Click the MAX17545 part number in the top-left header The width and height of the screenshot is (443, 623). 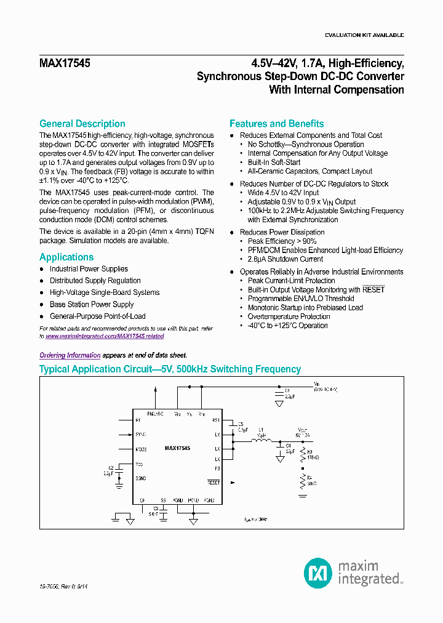pyautogui.click(x=65, y=63)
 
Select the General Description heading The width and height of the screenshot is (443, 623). pyautogui.click(x=82, y=124)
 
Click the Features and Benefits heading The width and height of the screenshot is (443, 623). pyautogui.click(x=276, y=124)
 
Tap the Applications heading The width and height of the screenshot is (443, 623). pyautogui.click(x=66, y=257)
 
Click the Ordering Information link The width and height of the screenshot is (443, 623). pyautogui.click(x=70, y=355)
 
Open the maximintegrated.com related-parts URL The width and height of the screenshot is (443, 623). pyautogui.click(x=105, y=337)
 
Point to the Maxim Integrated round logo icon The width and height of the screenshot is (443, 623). pyautogui.click(x=318, y=573)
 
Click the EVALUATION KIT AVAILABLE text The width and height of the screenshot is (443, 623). pyautogui.click(x=364, y=35)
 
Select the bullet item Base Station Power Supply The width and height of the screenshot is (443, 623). pyautogui.click(x=92, y=305)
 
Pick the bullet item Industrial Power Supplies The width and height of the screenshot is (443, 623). pyautogui.click(x=89, y=269)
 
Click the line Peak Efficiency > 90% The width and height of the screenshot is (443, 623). pyautogui.click(x=282, y=241)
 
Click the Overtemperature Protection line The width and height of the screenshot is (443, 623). pyautogui.click(x=289, y=316)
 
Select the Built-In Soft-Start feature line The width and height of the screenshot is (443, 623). pyautogui.click(x=274, y=163)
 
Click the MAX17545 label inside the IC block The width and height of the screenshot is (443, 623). pyautogui.click(x=177, y=449)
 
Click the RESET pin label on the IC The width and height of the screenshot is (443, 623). pyautogui.click(x=213, y=483)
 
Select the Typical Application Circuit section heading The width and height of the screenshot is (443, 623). pyautogui.click(x=170, y=369)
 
